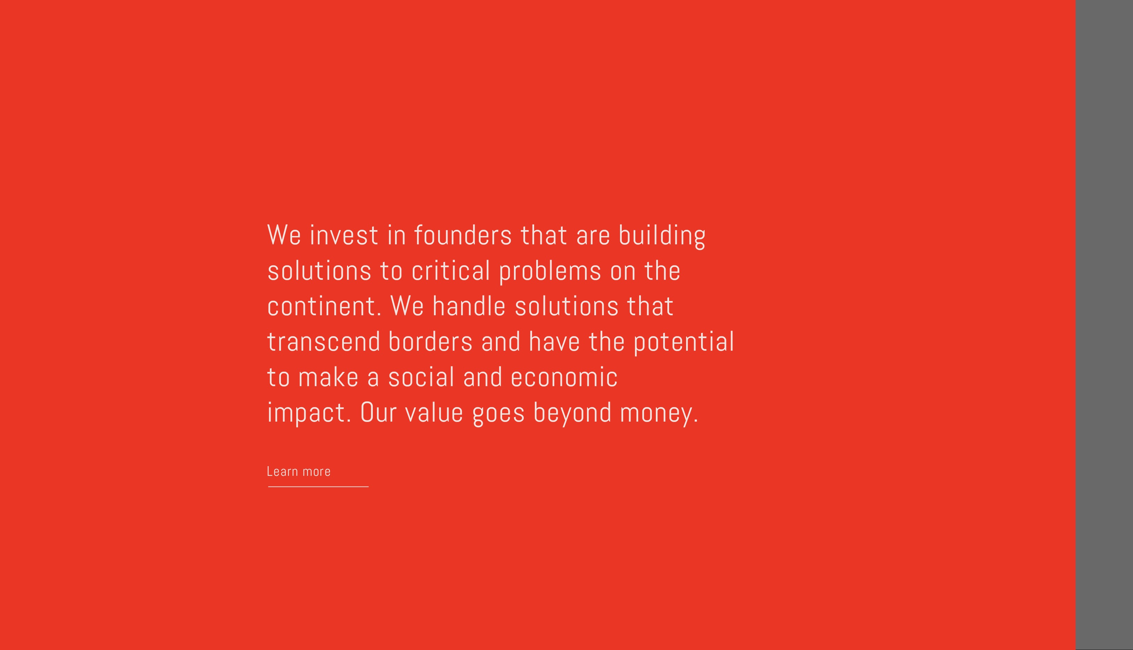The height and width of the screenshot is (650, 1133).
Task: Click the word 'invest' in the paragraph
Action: tap(344, 235)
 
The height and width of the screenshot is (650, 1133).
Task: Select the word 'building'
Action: tap(662, 236)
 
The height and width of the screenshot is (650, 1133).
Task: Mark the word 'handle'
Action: tap(468, 306)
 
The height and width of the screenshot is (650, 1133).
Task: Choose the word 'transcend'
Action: tap(323, 342)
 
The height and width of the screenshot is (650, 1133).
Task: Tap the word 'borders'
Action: tap(430, 342)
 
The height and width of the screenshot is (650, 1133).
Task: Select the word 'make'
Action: tap(328, 377)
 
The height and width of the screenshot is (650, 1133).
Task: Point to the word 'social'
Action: tap(421, 377)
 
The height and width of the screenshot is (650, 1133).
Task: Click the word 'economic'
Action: tap(564, 377)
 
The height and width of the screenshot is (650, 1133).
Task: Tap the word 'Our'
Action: tap(378, 412)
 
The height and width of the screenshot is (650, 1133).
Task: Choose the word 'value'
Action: tap(434, 412)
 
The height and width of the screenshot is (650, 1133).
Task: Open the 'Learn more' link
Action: tap(298, 471)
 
